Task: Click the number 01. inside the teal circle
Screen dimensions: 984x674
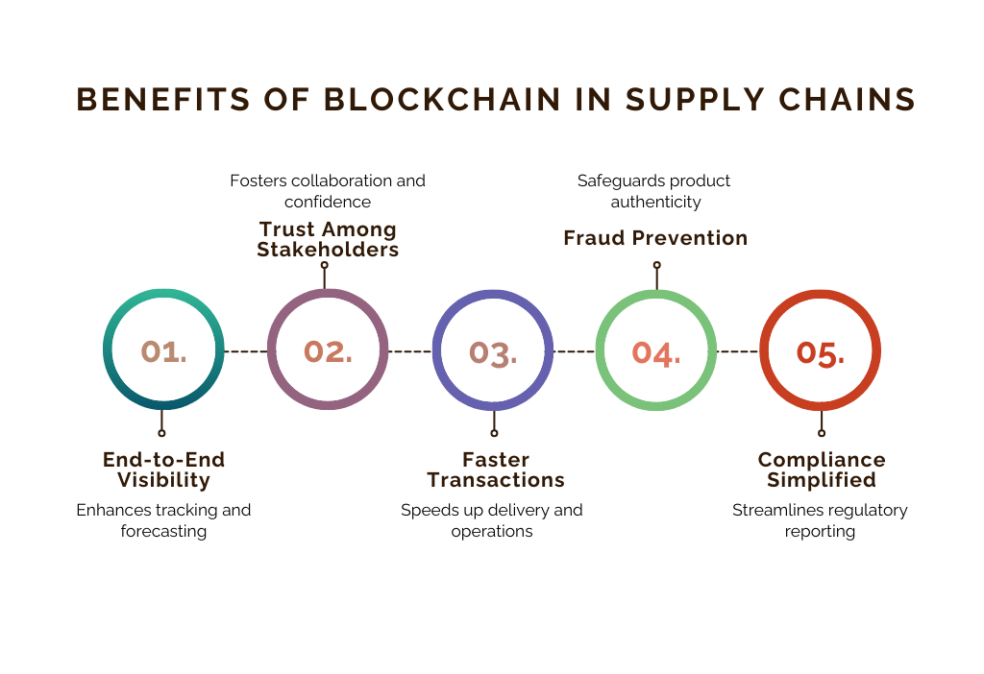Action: (163, 351)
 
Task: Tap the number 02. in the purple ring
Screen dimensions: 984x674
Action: (328, 351)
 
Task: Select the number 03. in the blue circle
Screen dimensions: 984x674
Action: (493, 353)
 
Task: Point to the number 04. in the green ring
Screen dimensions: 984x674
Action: (655, 353)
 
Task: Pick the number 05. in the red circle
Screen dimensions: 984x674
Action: (821, 353)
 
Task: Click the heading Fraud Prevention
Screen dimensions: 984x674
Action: (655, 238)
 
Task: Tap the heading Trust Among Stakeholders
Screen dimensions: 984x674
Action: (328, 239)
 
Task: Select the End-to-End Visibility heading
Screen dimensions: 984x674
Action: (163, 469)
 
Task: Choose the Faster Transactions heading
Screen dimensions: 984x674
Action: (496, 469)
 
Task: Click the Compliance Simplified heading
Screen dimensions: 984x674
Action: (822, 469)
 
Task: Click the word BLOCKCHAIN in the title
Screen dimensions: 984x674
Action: (442, 100)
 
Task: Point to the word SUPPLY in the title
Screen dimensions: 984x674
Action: (695, 100)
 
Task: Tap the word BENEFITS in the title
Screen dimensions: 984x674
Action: (163, 100)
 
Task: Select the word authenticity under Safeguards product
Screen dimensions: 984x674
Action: (655, 202)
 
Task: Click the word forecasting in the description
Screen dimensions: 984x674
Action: (163, 531)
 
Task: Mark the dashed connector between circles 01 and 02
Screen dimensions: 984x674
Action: (245, 351)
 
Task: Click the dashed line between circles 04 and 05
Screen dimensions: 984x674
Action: (737, 351)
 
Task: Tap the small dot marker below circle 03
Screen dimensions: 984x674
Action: (494, 433)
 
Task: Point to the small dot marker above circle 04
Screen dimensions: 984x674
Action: (657, 265)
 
